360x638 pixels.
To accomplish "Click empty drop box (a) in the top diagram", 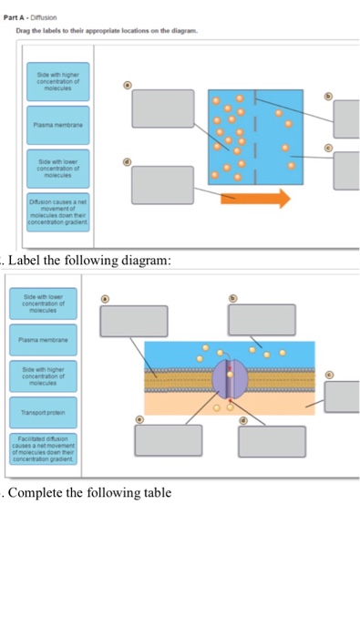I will (x=162, y=108).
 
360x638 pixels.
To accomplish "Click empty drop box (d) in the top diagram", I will (x=162, y=185).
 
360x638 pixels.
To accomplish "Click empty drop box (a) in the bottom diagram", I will (x=134, y=320).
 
